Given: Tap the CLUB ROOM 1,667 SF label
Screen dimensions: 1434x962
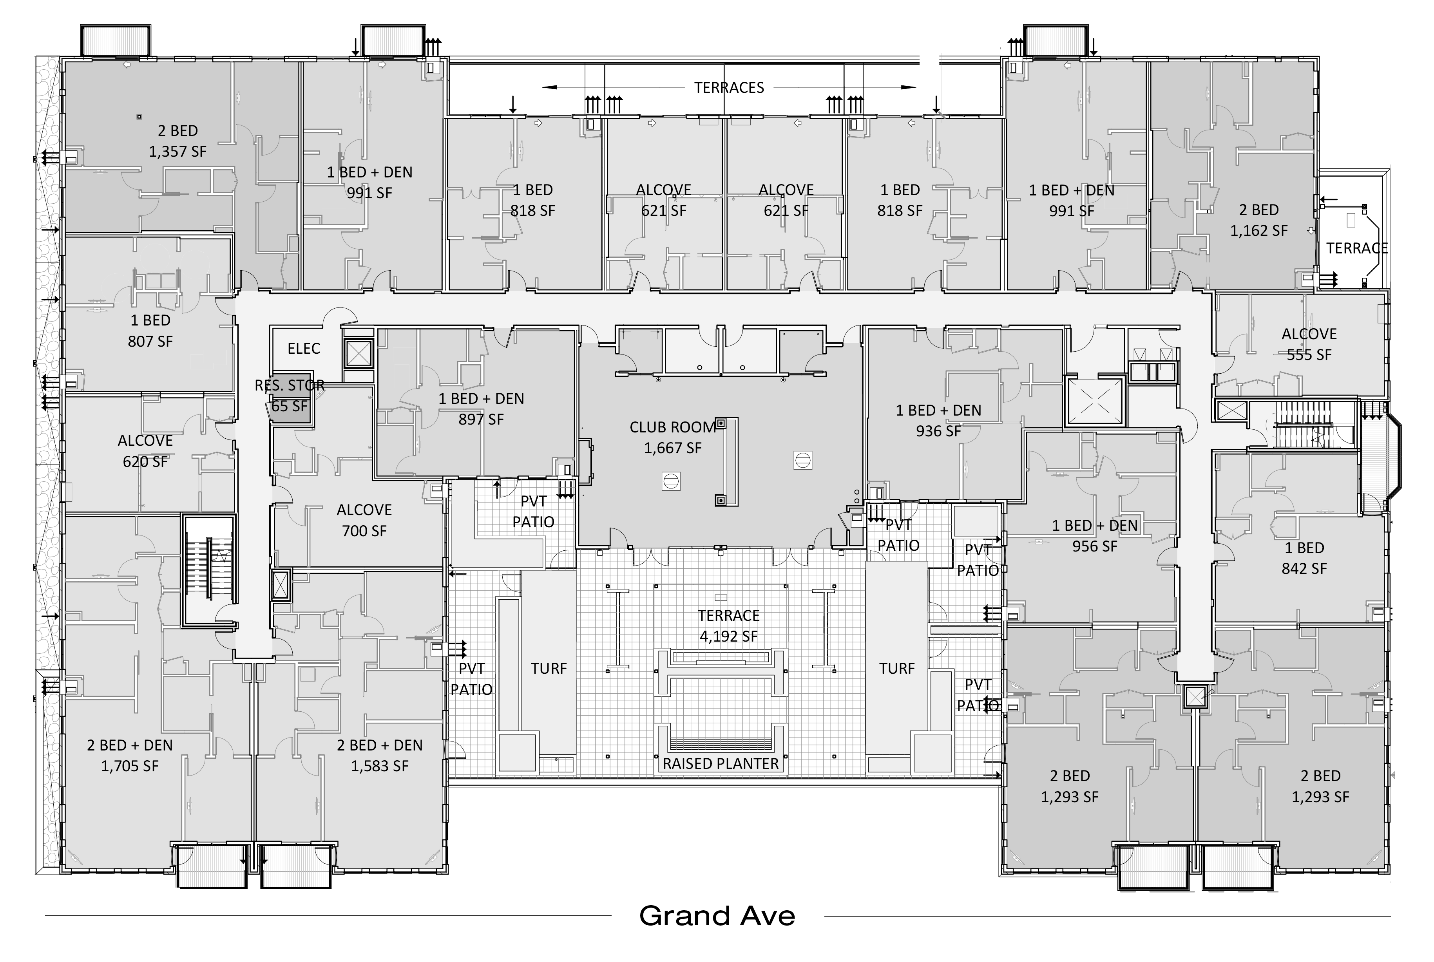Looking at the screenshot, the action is point(672,438).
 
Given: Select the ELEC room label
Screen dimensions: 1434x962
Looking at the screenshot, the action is point(304,349).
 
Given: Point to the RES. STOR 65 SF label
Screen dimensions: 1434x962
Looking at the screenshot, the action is point(290,396).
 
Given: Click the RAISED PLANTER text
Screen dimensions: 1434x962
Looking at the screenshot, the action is point(721,764).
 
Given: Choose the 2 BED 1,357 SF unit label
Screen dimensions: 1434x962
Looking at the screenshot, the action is point(177,141).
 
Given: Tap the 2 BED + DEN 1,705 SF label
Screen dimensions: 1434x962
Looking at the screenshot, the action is point(129,755).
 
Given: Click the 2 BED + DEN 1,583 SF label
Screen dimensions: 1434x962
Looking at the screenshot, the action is point(379,755).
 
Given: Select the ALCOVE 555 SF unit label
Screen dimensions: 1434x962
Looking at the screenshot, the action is point(1309,344).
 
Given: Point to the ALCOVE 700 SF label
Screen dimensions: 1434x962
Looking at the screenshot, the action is point(364,520).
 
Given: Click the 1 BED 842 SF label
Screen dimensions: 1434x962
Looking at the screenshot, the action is point(1304,558).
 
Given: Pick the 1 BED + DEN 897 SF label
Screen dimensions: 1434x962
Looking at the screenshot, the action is point(481,409).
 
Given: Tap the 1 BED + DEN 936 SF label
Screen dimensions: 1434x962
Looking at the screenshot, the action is point(938,421).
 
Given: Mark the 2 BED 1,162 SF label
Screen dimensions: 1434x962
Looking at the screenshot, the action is point(1258,220).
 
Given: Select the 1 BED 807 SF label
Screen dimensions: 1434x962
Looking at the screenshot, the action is point(150,331).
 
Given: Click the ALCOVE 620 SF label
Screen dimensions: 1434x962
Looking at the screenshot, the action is point(145,451).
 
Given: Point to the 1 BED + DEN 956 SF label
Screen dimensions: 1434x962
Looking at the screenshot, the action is point(1095,535).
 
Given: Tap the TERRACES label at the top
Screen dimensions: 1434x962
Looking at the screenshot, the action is point(729,88).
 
